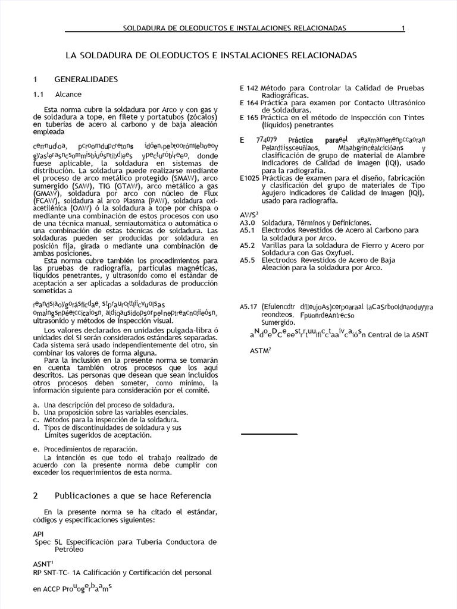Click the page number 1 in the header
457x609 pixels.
(x=403, y=28)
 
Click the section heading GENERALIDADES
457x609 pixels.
(x=86, y=79)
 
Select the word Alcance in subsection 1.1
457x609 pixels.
(x=68, y=95)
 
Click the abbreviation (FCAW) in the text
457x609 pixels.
(x=46, y=202)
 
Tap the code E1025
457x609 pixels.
(x=249, y=178)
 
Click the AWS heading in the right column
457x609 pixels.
(x=248, y=214)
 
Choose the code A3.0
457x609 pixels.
(x=247, y=222)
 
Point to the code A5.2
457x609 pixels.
(x=247, y=246)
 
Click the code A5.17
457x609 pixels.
(x=249, y=306)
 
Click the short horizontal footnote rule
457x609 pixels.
(x=269, y=434)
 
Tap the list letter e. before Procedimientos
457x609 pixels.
(x=36, y=449)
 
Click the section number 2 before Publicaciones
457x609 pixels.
(x=36, y=495)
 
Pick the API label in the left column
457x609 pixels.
(x=39, y=534)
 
